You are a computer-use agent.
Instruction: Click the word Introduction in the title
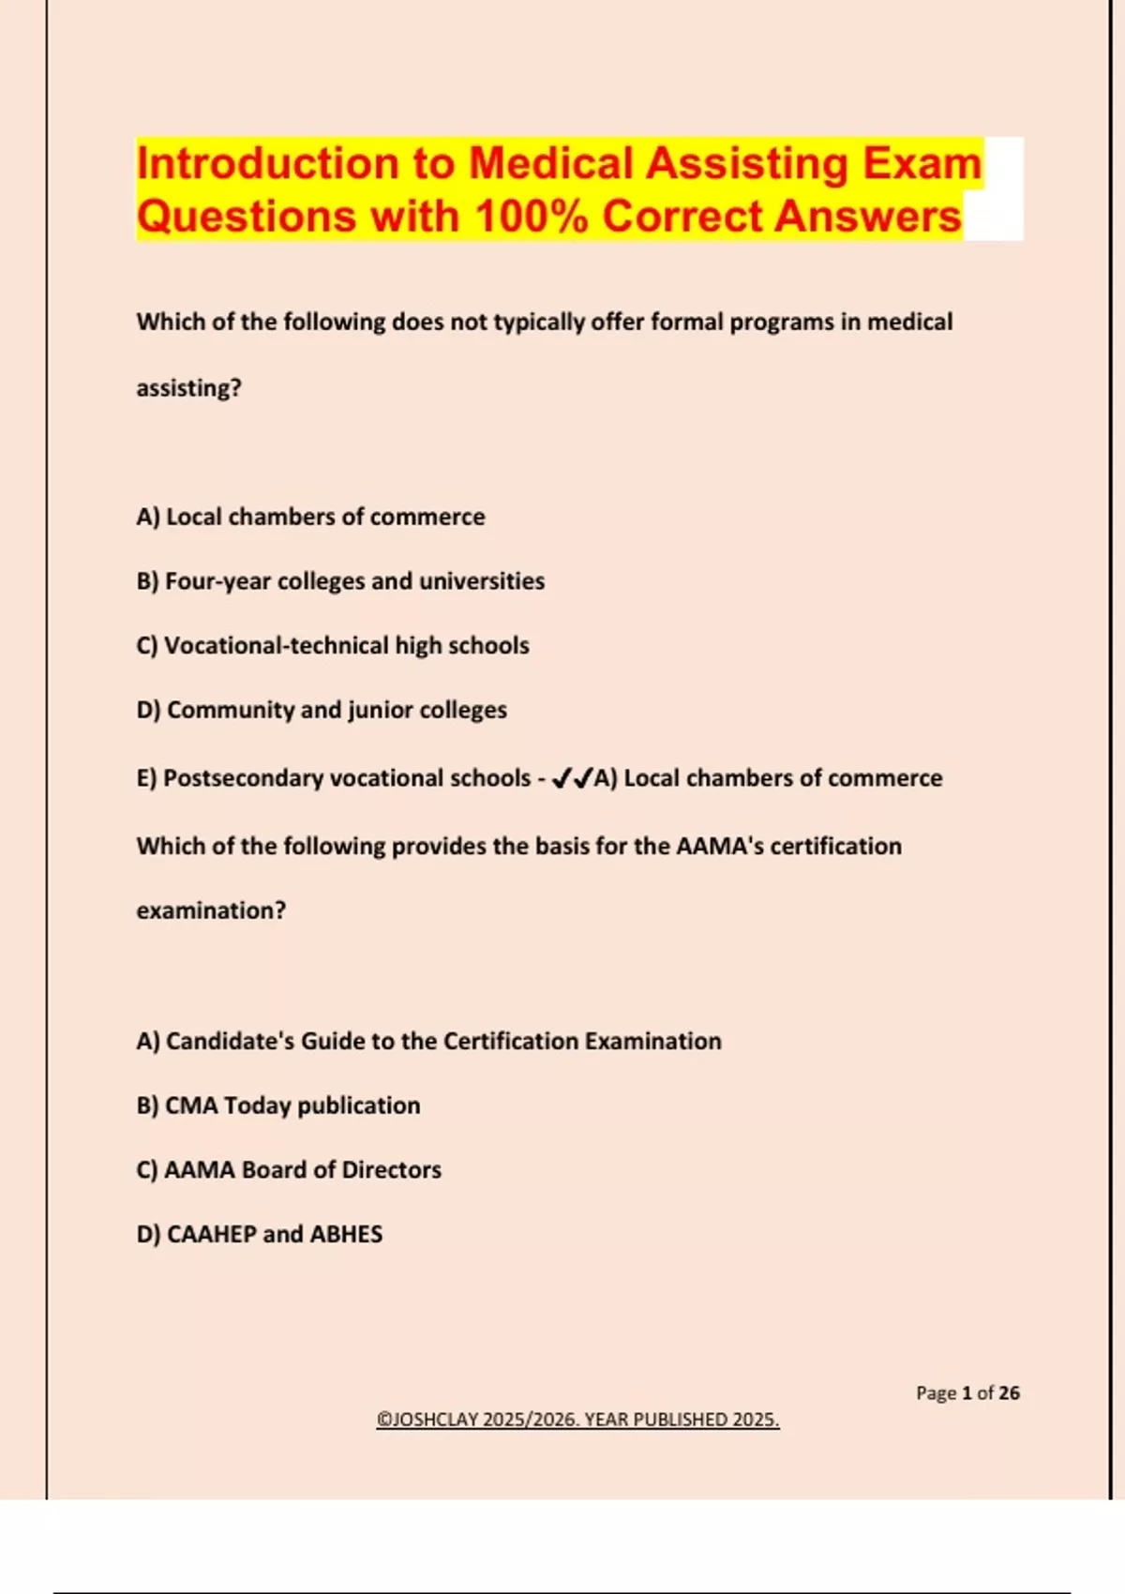tap(267, 163)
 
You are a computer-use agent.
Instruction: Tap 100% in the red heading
tap(531, 216)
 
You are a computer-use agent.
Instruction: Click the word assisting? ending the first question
tap(188, 388)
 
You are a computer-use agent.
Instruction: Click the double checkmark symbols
tap(572, 778)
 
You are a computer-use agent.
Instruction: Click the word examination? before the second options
tap(211, 910)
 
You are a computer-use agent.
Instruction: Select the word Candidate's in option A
tap(230, 1042)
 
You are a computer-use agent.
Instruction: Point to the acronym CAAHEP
tap(211, 1235)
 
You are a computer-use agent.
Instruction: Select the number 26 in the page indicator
tap(1009, 1393)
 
